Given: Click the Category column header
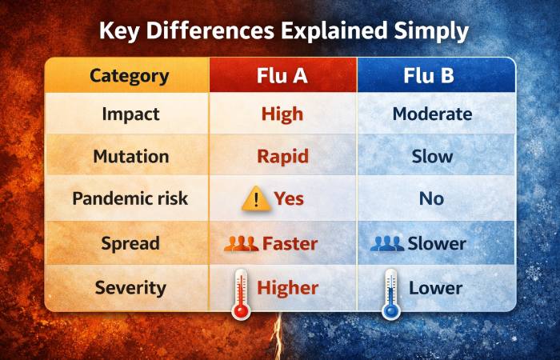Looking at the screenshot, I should click(x=129, y=76).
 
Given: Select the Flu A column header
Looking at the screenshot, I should click(x=282, y=76).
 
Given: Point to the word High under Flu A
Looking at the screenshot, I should click(x=282, y=114).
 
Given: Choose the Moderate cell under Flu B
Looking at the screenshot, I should click(x=431, y=114).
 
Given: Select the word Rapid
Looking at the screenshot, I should click(x=282, y=156).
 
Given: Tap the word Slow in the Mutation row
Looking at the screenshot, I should click(x=431, y=156).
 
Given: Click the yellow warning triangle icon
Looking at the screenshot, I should click(x=255, y=198).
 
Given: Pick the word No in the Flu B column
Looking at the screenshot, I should click(x=431, y=198).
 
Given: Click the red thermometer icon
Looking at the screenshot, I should click(x=241, y=294).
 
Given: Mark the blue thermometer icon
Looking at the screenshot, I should click(x=390, y=294).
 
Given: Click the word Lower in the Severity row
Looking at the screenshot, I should click(x=436, y=287).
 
